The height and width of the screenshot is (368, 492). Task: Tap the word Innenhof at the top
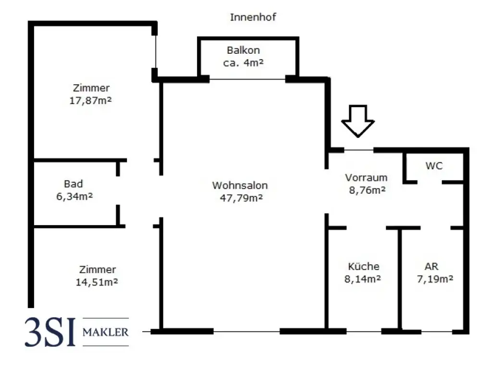pyautogui.click(x=253, y=17)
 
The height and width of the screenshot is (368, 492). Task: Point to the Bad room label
pyautogui.click(x=73, y=184)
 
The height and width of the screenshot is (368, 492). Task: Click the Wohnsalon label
pyautogui.click(x=240, y=185)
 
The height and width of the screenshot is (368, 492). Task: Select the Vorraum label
pyautogui.click(x=366, y=178)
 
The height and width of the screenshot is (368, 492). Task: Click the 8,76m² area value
pyautogui.click(x=367, y=190)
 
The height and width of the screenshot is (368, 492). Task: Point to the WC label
pyautogui.click(x=434, y=166)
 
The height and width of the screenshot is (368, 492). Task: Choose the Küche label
pyautogui.click(x=363, y=267)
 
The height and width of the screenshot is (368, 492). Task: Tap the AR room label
pyautogui.click(x=431, y=267)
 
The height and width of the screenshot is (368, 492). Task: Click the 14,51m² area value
pyautogui.click(x=97, y=282)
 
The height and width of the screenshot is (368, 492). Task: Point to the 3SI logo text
pyautogui.click(x=51, y=331)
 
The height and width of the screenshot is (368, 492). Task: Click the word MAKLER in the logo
pyautogui.click(x=106, y=332)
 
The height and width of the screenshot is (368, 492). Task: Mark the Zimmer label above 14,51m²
pyautogui.click(x=98, y=270)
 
